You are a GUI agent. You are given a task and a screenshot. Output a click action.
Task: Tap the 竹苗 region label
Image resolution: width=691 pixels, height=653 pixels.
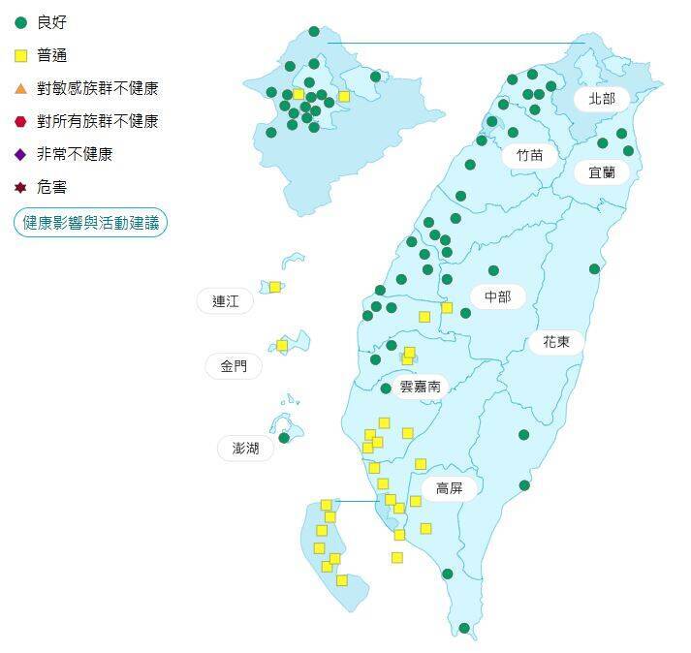pyautogui.click(x=529, y=155)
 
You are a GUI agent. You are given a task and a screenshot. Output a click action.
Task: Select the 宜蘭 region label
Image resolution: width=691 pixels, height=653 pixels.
pyautogui.click(x=602, y=172)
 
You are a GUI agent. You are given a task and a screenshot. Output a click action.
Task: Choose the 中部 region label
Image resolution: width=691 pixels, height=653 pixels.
pyautogui.click(x=497, y=296)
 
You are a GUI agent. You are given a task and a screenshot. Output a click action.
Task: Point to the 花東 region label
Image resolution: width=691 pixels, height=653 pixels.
pyautogui.click(x=556, y=341)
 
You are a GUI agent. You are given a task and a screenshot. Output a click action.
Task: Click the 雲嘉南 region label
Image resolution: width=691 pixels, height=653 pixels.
pyautogui.click(x=421, y=386)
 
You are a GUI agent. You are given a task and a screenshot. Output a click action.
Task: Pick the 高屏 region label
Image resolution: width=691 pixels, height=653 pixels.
pyautogui.click(x=449, y=488)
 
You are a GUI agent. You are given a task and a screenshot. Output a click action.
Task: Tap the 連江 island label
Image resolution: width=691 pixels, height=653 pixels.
pyautogui.click(x=225, y=301)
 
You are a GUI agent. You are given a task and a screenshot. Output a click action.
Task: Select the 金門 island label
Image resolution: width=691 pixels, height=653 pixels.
pyautogui.click(x=234, y=366)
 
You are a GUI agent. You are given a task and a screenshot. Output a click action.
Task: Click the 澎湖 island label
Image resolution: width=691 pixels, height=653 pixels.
pyautogui.click(x=245, y=448)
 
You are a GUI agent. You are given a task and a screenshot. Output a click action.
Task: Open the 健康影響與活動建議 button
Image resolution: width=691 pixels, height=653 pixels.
pyautogui.click(x=91, y=223)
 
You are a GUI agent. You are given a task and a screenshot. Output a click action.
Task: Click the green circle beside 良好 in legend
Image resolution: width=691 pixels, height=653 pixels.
pyautogui.click(x=20, y=22)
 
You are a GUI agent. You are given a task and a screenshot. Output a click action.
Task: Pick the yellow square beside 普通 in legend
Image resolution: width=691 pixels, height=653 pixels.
pyautogui.click(x=20, y=55)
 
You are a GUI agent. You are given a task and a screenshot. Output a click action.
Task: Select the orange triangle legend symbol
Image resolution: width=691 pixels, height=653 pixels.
pyautogui.click(x=20, y=88)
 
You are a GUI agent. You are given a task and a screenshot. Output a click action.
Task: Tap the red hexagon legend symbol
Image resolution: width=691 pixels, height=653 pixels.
pyautogui.click(x=20, y=121)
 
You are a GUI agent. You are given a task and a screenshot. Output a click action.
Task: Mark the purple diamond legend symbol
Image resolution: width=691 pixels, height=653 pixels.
pyautogui.click(x=20, y=154)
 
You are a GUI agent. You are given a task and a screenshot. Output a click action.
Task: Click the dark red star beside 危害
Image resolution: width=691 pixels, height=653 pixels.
pyautogui.click(x=20, y=187)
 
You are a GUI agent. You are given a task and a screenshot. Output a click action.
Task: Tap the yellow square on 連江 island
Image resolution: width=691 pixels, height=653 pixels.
pyautogui.click(x=275, y=287)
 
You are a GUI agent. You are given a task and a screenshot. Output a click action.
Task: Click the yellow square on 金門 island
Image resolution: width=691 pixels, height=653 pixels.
pyautogui.click(x=282, y=345)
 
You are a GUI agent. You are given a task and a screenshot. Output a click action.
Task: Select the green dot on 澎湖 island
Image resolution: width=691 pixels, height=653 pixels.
pyautogui.click(x=284, y=438)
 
